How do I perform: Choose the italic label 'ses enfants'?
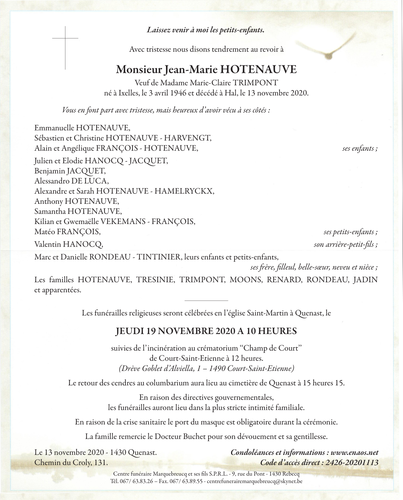360,148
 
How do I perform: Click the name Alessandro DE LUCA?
71,181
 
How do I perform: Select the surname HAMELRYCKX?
185,191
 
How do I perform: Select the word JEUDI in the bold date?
129,331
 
